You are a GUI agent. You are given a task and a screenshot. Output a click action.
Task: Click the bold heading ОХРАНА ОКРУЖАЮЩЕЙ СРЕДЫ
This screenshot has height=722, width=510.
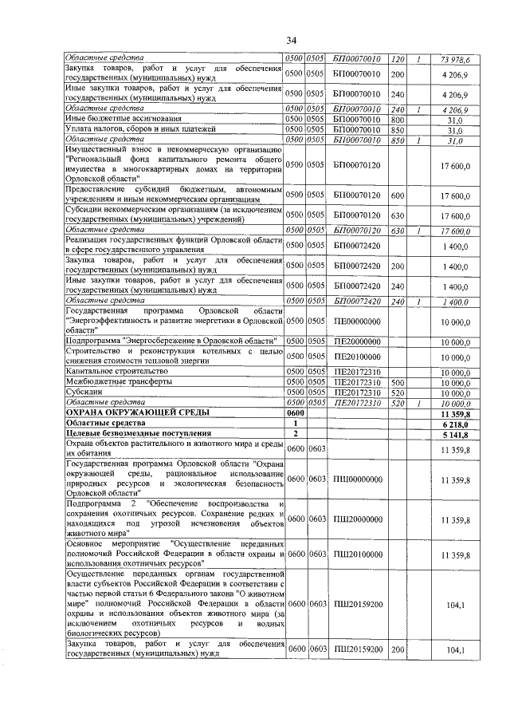click(137, 413)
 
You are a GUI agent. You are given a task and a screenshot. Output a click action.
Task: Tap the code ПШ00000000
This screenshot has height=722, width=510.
click(356, 479)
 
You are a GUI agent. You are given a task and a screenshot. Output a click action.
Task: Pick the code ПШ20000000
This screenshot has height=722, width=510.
click(356, 519)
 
